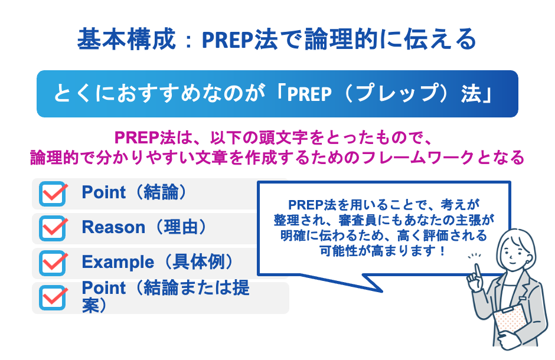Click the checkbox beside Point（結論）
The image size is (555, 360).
click(53, 194)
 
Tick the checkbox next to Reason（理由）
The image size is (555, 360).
click(53, 228)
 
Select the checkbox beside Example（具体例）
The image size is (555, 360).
click(53, 262)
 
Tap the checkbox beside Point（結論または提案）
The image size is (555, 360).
click(53, 297)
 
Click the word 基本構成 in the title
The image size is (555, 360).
click(126, 40)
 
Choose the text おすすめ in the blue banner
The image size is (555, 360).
click(154, 94)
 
